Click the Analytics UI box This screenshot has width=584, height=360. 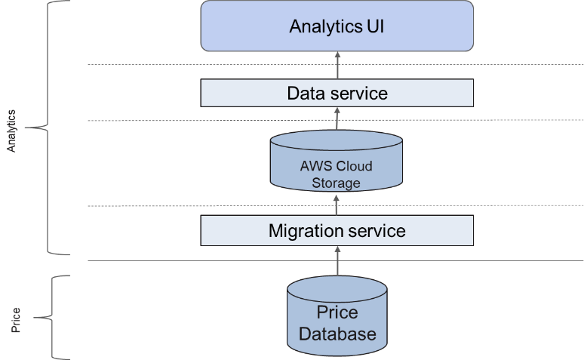(x=337, y=27)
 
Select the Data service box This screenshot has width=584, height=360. (x=337, y=94)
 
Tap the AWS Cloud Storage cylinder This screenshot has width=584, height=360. (x=337, y=165)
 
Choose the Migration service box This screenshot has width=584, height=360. (x=337, y=230)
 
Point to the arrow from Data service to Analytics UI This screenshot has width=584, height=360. (x=337, y=67)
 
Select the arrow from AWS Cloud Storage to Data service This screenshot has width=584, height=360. (x=337, y=119)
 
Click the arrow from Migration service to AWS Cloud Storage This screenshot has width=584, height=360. (x=337, y=204)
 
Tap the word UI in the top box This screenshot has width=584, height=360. (x=375, y=27)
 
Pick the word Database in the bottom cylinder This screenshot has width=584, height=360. (x=337, y=334)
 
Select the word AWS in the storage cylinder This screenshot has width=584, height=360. (x=310, y=167)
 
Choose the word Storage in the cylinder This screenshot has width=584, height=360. (x=337, y=183)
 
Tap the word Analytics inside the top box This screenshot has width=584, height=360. (x=325, y=27)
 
